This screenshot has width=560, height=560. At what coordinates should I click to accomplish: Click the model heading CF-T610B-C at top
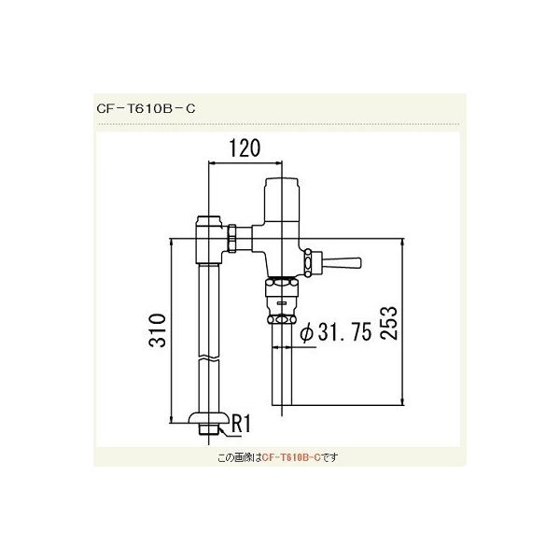(145, 107)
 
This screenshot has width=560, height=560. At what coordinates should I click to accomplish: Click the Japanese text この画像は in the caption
(236, 458)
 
